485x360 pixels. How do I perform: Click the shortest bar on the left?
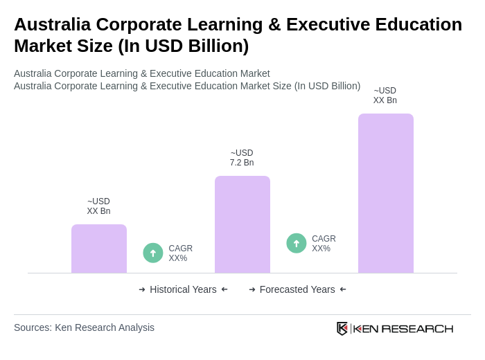[x=99, y=249]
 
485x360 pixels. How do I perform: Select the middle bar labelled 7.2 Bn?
[x=242, y=224]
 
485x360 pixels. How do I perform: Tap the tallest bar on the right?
[x=386, y=193]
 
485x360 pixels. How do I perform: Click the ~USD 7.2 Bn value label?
[x=242, y=158]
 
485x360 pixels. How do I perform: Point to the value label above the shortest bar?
[x=98, y=206]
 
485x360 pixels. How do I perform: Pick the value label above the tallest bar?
[x=385, y=96]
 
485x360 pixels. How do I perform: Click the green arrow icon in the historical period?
[x=153, y=253]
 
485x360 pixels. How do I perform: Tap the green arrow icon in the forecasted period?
[x=297, y=243]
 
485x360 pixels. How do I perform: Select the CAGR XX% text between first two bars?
[x=180, y=253]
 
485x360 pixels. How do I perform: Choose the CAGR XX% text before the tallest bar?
[x=324, y=244]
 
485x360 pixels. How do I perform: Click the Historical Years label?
[x=183, y=289]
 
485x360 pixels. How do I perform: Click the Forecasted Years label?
[x=297, y=289]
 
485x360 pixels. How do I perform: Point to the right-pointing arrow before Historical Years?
[x=142, y=289]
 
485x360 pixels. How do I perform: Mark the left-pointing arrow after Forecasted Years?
[x=343, y=289]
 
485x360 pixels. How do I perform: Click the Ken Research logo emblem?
[x=342, y=328]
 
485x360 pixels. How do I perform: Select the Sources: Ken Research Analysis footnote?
[x=84, y=327]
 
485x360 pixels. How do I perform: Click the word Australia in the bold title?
[x=52, y=24]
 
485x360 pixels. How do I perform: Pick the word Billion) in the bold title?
[x=217, y=46]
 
